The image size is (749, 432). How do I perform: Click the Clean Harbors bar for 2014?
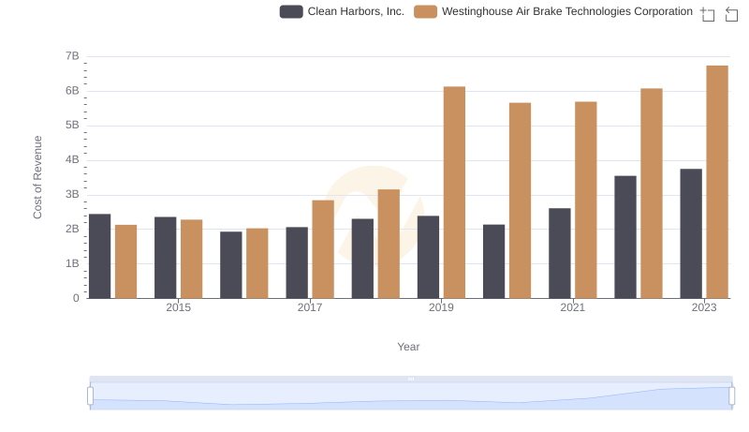point(99,256)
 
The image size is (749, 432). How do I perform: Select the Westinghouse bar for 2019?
point(454,192)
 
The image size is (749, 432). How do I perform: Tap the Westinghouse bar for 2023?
point(717,182)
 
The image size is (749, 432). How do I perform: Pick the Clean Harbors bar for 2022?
point(625,237)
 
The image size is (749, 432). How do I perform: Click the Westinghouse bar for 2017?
point(323,249)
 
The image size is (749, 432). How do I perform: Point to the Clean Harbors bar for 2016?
point(231,265)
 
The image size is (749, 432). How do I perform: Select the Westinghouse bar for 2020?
point(520,201)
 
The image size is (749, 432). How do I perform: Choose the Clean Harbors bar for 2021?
point(560,253)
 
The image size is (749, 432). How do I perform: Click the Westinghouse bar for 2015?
point(192,259)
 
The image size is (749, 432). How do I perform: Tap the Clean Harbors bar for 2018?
point(362,259)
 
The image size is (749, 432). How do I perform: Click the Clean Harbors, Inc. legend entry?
point(343,11)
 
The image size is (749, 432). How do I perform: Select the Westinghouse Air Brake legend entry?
point(554,11)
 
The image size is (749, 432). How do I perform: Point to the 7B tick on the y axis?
point(72,56)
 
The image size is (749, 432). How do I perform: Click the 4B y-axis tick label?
point(72,160)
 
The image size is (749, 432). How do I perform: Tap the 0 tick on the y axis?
point(76,298)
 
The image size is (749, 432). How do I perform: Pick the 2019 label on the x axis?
point(441,308)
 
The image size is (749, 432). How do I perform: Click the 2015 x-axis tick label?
point(178,308)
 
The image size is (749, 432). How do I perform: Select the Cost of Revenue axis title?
point(38,177)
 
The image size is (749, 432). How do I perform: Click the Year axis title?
point(408,347)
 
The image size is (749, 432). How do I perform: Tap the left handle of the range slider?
point(90,396)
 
